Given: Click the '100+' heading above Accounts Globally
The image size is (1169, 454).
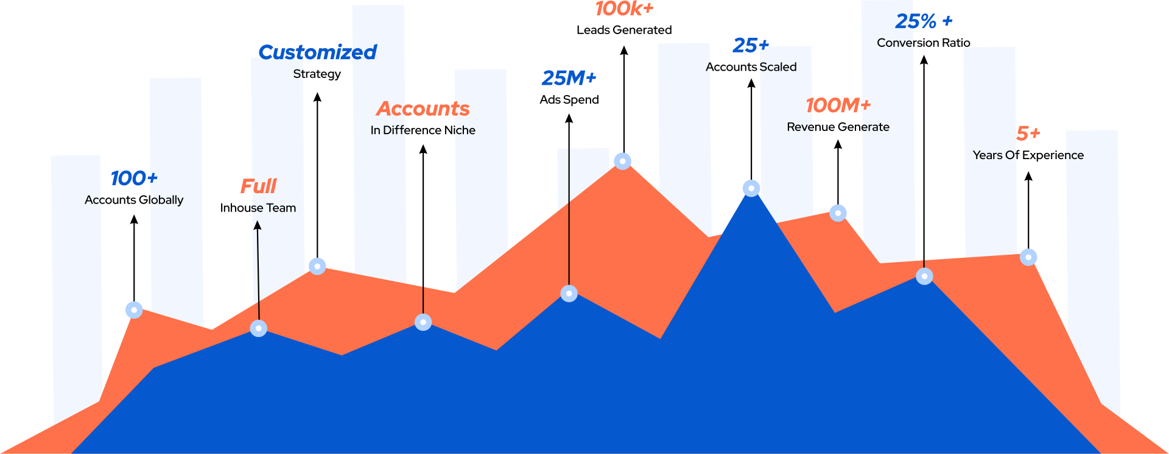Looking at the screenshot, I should tap(134, 178).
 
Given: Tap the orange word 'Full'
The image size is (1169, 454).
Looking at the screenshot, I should tap(258, 186).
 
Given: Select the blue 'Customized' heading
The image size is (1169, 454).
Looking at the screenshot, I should tap(317, 52).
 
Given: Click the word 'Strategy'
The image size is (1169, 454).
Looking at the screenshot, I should tap(317, 74).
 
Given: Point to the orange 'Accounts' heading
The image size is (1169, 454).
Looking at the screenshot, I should tap(423, 108).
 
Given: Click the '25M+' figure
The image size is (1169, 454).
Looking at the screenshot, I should tap(569, 78).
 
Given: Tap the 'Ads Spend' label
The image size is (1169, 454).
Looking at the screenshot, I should tap(569, 100).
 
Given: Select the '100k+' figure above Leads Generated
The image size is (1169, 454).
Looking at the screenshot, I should tap(624, 9).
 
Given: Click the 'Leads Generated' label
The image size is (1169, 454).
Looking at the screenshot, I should tap(624, 30).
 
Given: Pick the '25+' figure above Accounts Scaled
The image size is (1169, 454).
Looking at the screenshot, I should tap(751, 45).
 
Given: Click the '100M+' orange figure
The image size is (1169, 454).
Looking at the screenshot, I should tap(838, 105).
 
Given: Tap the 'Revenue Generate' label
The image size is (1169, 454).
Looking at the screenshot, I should tap(838, 127).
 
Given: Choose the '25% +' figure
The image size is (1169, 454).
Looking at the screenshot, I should tap(924, 21).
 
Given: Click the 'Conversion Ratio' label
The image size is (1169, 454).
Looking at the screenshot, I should tap(924, 43).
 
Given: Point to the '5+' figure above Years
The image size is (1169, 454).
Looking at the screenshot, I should tap(1028, 133).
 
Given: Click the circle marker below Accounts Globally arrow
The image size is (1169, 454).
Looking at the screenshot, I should tap(134, 310).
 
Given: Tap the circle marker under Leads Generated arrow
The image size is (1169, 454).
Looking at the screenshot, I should tap(622, 161).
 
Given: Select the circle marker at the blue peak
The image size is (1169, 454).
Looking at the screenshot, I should tap(751, 188).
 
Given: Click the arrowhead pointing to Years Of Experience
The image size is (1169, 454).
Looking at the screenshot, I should tap(1028, 176).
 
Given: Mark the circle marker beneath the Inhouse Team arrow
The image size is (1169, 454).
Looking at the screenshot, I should tap(259, 328).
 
